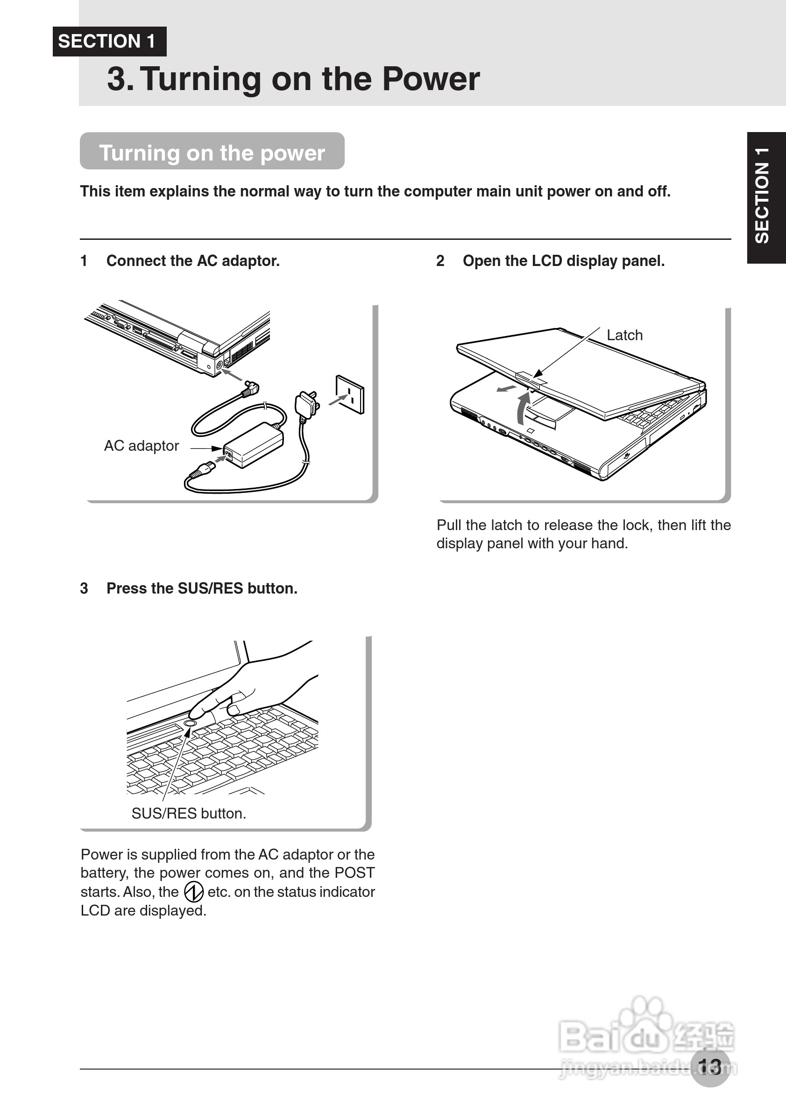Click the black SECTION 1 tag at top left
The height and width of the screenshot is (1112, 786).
tap(109, 42)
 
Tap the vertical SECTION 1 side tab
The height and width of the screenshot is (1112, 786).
tap(765, 197)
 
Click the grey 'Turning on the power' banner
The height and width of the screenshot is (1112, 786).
tap(212, 152)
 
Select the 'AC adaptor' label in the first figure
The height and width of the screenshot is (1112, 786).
tap(141, 446)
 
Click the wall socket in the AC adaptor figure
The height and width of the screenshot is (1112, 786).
tap(350, 395)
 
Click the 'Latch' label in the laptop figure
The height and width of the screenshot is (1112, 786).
tap(624, 335)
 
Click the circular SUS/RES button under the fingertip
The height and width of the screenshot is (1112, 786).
tap(191, 723)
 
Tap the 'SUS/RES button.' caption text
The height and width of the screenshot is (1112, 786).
tap(189, 813)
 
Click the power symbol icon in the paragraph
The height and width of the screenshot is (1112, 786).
tap(193, 892)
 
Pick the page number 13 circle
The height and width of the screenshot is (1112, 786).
tap(710, 1066)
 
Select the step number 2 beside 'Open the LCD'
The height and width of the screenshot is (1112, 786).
tap(440, 261)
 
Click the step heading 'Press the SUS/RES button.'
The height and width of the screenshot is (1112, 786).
tap(202, 588)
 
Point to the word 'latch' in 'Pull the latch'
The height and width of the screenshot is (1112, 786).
tap(507, 525)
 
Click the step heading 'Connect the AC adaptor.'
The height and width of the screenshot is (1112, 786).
tap(193, 261)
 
